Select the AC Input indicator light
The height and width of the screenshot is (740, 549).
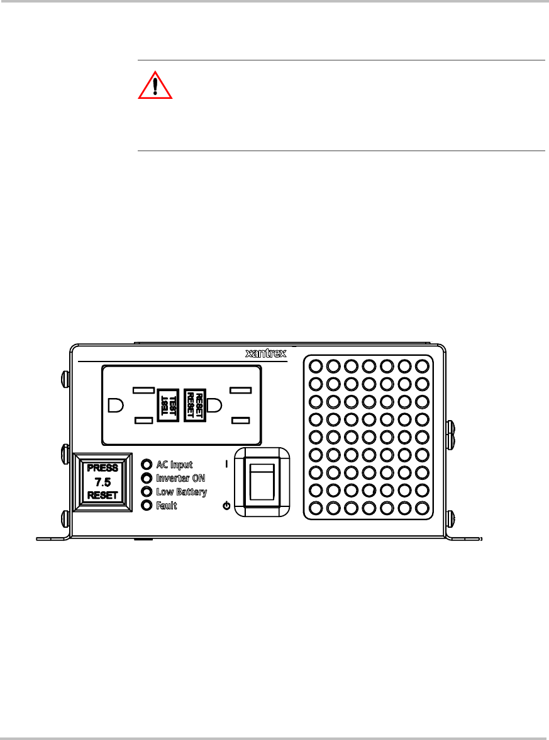click(147, 465)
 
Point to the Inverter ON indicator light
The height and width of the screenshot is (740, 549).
click(147, 478)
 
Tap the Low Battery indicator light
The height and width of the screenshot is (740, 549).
click(147, 492)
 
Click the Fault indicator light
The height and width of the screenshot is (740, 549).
click(147, 505)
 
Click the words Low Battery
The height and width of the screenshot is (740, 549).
click(181, 492)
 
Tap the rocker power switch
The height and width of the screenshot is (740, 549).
click(262, 481)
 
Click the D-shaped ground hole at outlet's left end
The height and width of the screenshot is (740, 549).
click(114, 404)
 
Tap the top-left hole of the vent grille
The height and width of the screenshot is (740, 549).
click(316, 366)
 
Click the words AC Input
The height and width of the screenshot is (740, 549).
click(174, 465)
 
